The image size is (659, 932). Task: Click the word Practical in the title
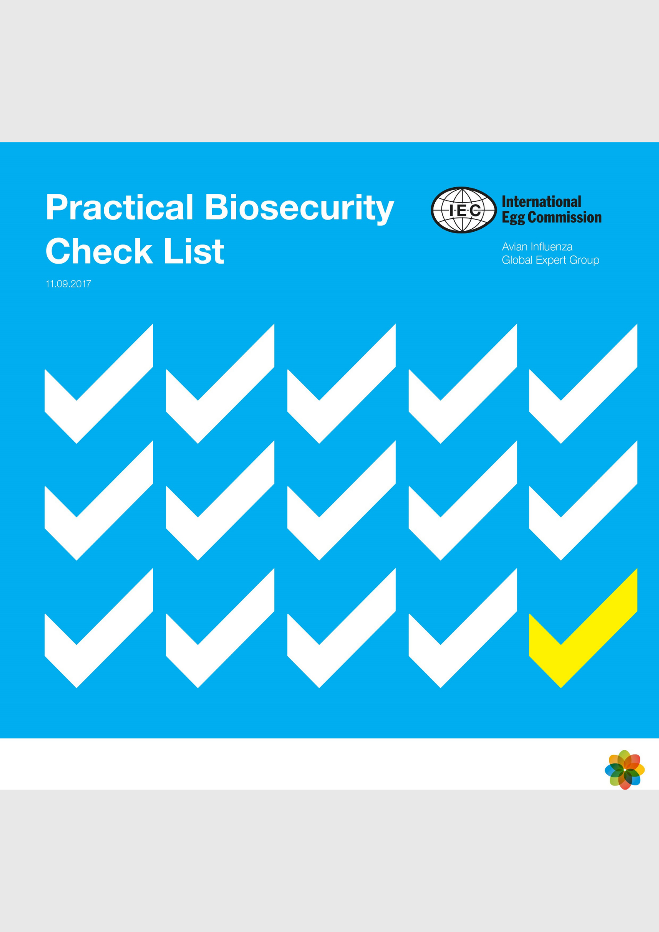(120, 207)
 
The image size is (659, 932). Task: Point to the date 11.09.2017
(68, 284)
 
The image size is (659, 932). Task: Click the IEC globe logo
(463, 210)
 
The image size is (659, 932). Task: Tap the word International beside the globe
(541, 202)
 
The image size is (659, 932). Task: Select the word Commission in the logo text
(564, 217)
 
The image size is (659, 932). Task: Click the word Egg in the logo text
(513, 218)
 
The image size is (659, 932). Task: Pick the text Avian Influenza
(537, 247)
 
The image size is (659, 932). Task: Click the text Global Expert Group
(550, 260)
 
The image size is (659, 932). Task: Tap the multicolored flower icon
(625, 770)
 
